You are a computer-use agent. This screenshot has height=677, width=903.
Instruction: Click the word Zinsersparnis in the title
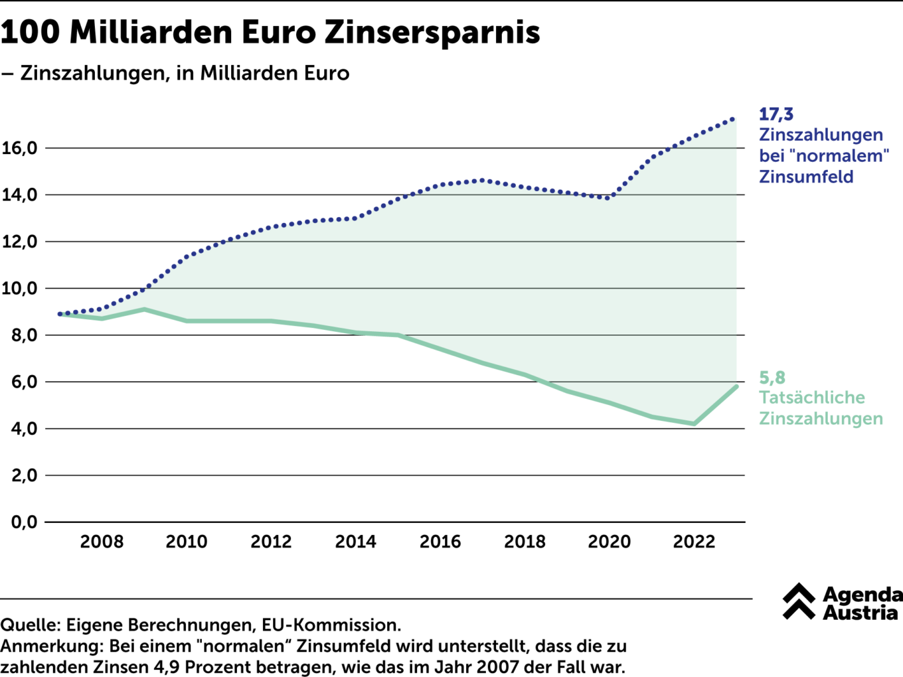pos(432,32)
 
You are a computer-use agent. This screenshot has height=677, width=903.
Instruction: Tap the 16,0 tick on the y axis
pos(20,148)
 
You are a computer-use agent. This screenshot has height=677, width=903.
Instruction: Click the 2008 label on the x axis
pos(102,542)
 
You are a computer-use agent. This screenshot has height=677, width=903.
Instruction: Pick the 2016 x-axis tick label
pos(440,542)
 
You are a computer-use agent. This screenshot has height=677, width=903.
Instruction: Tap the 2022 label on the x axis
pos(694,542)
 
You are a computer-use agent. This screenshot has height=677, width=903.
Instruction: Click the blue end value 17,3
pos(776,114)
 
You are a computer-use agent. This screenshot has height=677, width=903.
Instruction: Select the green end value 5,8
pos(772,378)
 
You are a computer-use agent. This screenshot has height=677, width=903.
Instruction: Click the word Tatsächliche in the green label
pos(812,398)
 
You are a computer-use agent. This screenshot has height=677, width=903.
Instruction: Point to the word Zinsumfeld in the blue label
pos(806,177)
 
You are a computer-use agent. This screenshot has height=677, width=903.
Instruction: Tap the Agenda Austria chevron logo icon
pos(799,601)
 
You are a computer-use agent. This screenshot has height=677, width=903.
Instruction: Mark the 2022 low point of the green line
pos(694,423)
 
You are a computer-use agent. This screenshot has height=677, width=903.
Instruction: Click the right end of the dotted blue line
pos(734,119)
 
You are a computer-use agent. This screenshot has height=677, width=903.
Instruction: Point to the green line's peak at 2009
pos(144,309)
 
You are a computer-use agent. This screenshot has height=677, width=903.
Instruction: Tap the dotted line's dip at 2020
pos(608,198)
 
